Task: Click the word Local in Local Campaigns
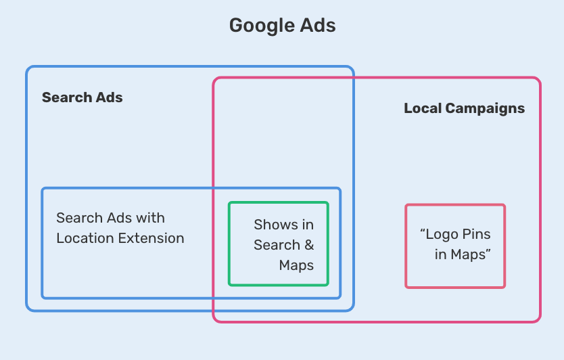pyautogui.click(x=422, y=108)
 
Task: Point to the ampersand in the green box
pyautogui.click(x=308, y=245)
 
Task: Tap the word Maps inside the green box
pyautogui.click(x=296, y=265)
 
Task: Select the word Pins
pyautogui.click(x=477, y=235)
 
